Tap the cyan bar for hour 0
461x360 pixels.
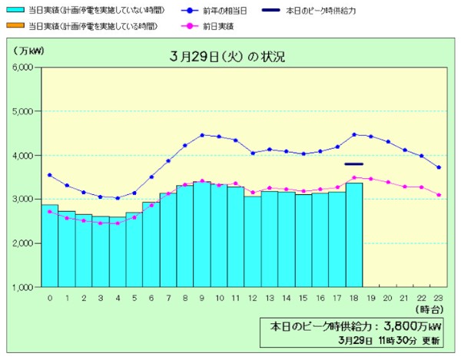[50, 246]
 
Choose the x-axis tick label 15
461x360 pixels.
[303, 298]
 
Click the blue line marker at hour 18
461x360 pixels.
[354, 135]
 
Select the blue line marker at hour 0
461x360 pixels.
[50, 175]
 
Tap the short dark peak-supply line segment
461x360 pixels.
[354, 163]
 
